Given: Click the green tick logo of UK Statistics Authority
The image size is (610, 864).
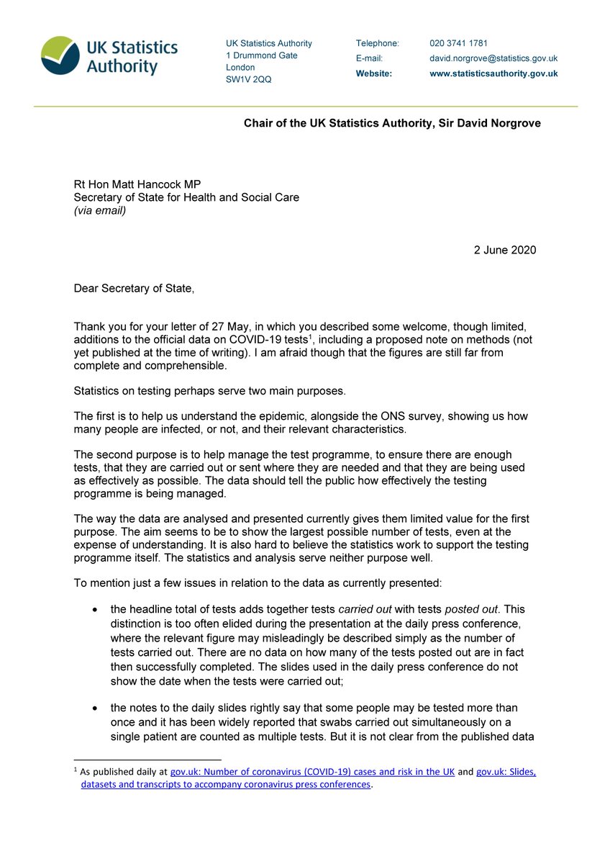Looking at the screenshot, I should click(61, 55).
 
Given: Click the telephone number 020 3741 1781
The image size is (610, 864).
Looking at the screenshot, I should click(459, 43).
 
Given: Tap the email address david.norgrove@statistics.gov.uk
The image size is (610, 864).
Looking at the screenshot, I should click(493, 58).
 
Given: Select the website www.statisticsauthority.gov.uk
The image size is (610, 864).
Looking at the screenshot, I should click(493, 73).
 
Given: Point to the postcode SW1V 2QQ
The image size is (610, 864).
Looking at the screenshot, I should click(249, 79).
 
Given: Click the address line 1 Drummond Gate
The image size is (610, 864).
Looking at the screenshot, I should click(262, 55).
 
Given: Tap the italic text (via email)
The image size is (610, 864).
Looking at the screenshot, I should click(100, 210).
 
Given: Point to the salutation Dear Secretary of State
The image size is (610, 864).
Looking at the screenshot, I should click(134, 289).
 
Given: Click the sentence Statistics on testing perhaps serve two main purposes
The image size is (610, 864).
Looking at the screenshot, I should click(219, 391).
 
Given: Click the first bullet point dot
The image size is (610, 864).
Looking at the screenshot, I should click(96, 610).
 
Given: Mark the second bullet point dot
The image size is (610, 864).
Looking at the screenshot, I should click(96, 709).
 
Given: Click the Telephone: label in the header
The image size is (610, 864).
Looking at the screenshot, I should click(377, 43).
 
